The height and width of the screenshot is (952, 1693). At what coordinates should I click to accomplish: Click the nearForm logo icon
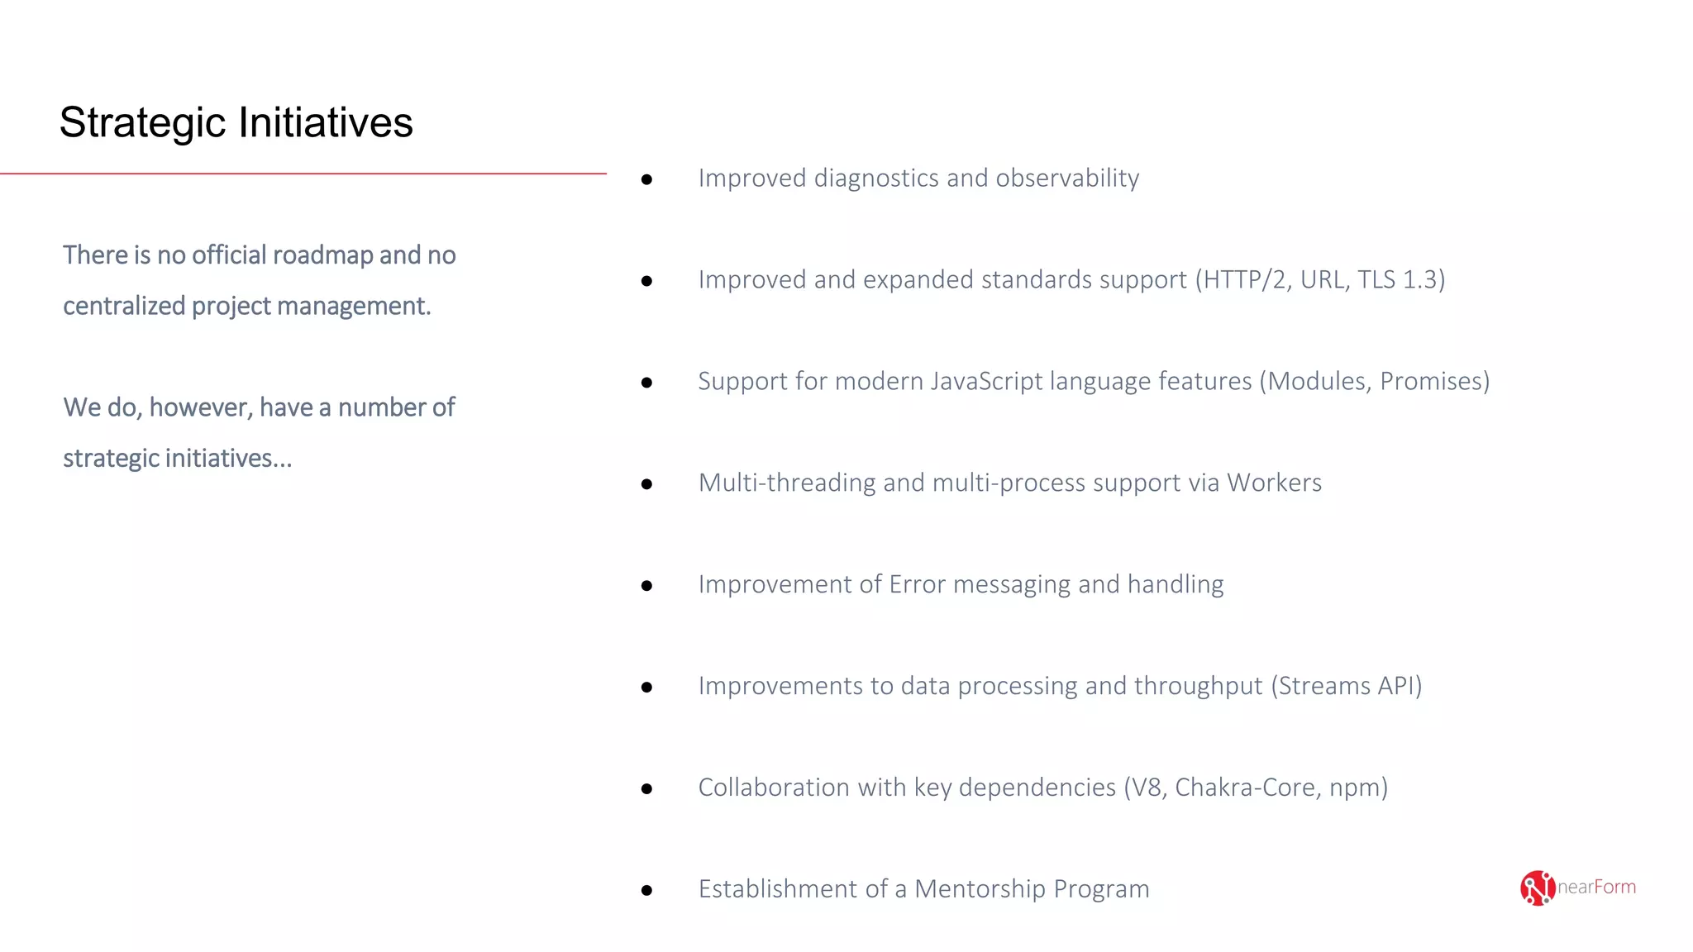click(x=1537, y=888)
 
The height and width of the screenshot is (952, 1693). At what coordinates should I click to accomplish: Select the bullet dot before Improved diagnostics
click(x=646, y=179)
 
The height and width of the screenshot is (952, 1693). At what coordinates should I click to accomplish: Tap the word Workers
click(x=1274, y=483)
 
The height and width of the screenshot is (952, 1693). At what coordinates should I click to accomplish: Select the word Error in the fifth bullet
click(x=917, y=584)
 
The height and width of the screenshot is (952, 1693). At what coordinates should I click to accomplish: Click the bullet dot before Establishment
click(x=646, y=890)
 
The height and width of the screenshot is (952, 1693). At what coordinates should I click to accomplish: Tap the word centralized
click(x=124, y=306)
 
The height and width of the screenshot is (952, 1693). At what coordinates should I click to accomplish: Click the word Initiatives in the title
click(x=326, y=123)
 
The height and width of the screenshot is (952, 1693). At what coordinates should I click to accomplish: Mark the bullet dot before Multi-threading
click(x=646, y=484)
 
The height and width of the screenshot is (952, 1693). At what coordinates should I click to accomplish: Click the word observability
click(x=1067, y=178)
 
